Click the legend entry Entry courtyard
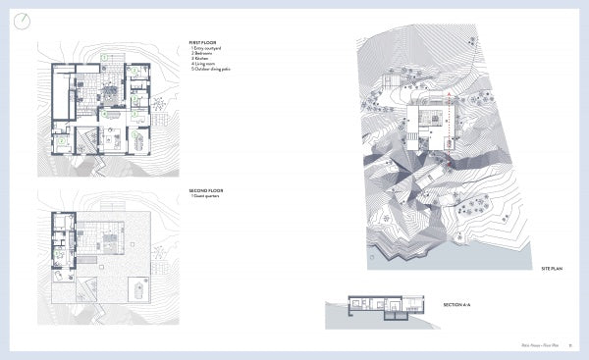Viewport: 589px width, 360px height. coord(208,49)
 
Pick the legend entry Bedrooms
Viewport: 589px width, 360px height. coord(205,54)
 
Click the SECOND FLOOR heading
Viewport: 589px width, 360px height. coord(206,190)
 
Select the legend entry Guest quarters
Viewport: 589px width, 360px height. coord(208,196)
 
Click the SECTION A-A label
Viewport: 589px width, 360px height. coord(457,305)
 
